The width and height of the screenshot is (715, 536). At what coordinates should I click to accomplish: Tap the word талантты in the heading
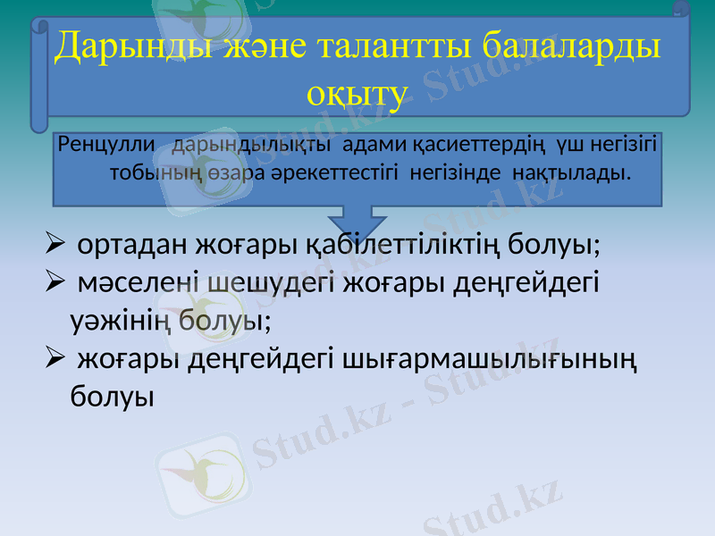point(393,46)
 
